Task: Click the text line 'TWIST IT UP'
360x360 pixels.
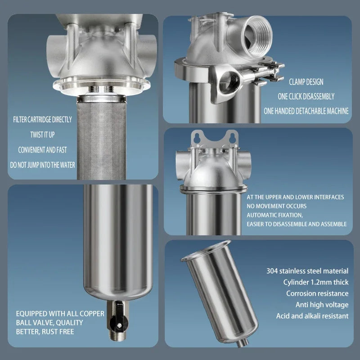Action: [43, 135]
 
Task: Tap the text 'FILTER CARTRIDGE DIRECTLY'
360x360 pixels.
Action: [43, 120]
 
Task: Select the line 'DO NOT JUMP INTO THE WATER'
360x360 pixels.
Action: [43, 165]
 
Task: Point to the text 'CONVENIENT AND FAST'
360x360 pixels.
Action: [43, 149]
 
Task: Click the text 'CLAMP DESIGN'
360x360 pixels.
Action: [306, 82]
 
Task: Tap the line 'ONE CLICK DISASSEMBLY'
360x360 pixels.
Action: [306, 96]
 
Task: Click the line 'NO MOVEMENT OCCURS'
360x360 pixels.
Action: [274, 206]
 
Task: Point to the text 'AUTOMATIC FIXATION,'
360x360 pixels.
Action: [275, 215]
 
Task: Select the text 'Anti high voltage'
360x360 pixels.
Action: [322, 305]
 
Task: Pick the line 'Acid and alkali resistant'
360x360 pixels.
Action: [312, 316]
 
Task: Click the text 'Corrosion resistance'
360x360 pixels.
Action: [317, 293]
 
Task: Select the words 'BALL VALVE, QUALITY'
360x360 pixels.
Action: [49, 323]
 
